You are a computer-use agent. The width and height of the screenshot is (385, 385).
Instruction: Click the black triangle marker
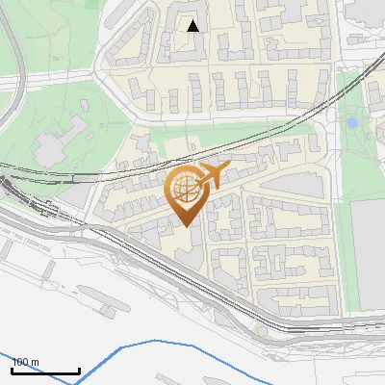[193, 26]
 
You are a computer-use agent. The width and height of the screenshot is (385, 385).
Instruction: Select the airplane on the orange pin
[210, 175]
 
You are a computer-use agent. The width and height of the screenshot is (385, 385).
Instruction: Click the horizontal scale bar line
[45, 371]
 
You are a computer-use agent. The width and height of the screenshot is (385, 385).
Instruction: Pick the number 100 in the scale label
[20, 362]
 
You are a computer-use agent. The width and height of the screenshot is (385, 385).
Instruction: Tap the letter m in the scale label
[35, 362]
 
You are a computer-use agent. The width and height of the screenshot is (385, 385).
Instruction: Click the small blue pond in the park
[353, 123]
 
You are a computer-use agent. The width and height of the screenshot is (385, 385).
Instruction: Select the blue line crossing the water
[192, 348]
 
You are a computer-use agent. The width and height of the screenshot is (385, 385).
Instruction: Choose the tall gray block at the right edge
[368, 255]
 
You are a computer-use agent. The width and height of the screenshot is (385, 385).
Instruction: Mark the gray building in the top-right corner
[366, 12]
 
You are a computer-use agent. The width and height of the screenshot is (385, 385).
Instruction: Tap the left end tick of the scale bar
[13, 369]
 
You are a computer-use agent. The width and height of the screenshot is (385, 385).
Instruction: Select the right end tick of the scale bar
[79, 369]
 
